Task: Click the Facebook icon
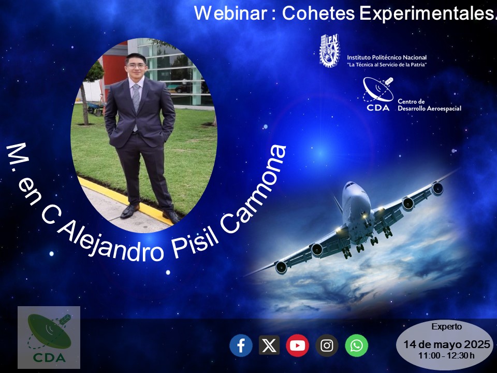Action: tap(241, 346)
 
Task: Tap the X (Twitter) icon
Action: tap(269, 345)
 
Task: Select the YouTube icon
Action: tap(297, 346)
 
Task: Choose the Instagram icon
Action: tap(327, 346)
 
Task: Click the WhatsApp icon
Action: tap(356, 346)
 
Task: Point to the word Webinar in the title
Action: tap(230, 13)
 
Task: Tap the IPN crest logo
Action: tap(329, 50)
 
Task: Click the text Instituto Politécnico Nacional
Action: tap(387, 58)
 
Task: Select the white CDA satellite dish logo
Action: tap(378, 94)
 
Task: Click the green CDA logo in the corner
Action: tap(49, 337)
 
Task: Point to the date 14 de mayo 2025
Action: tap(447, 345)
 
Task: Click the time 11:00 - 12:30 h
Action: tap(446, 355)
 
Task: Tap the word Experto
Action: tap(447, 327)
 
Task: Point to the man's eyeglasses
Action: tap(137, 66)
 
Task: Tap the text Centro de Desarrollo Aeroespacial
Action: tap(429, 105)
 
